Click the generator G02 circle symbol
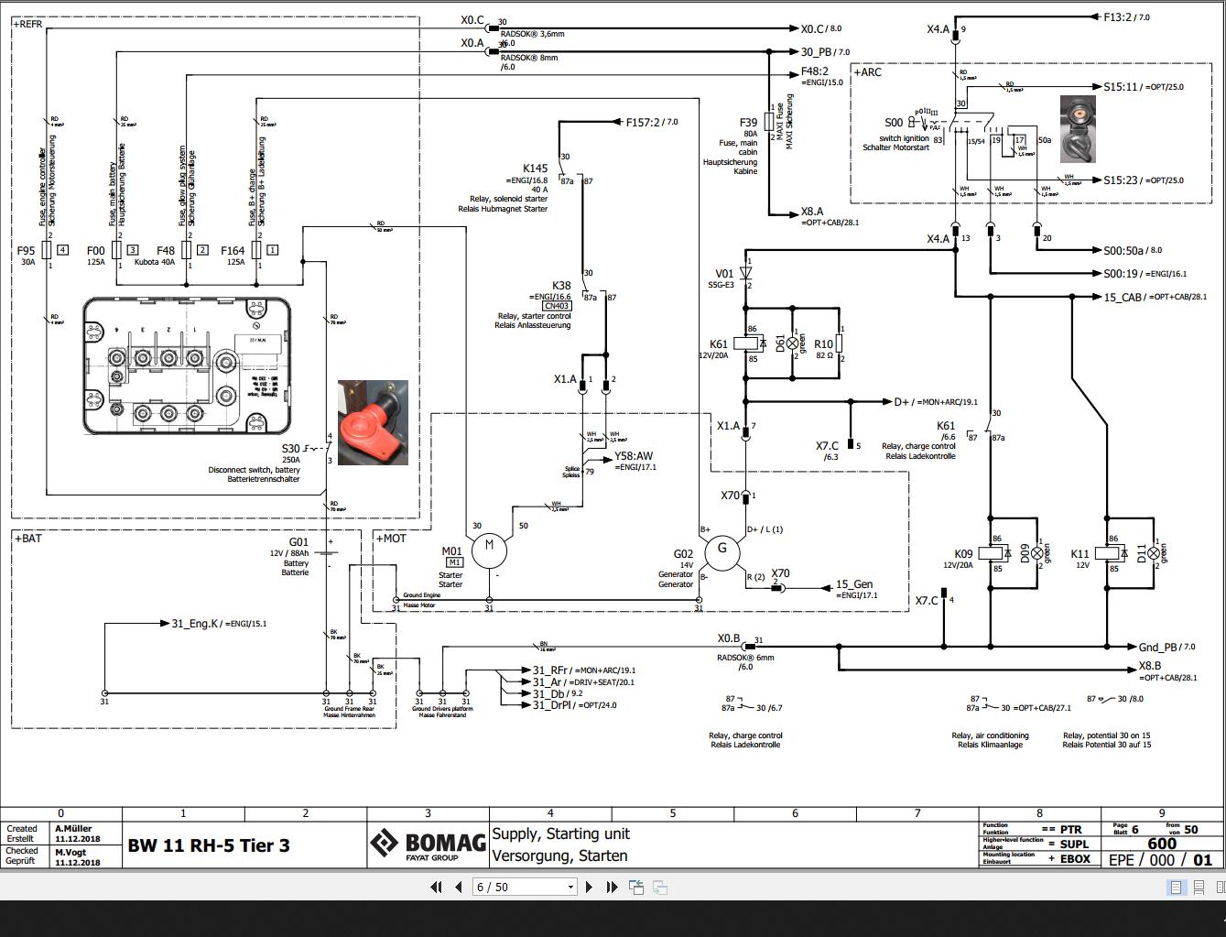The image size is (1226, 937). (721, 550)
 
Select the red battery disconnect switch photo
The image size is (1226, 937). (373, 422)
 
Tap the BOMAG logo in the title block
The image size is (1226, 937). (428, 844)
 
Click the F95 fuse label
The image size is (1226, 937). (26, 250)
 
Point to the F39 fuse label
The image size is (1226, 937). (748, 122)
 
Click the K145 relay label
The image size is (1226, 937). (535, 169)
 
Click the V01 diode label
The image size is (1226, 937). (724, 274)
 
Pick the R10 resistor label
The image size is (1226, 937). (823, 345)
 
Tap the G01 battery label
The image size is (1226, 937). (298, 542)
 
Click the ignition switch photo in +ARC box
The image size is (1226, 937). (1078, 129)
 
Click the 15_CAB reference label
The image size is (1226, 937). (1123, 297)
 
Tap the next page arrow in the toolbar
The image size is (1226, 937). (589, 887)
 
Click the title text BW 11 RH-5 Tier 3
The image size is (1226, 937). (209, 845)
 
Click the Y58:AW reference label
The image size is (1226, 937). (634, 456)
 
